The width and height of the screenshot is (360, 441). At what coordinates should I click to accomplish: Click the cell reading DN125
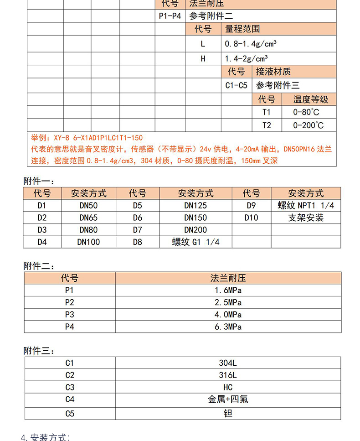195,206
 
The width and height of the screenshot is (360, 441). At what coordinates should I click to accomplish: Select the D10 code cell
251,218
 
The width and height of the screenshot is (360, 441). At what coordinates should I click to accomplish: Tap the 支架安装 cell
306,218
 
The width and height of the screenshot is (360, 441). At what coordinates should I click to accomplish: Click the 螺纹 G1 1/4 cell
195,242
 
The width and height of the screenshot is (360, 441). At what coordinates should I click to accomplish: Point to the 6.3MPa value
228,327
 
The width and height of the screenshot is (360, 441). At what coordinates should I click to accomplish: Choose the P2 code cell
69,302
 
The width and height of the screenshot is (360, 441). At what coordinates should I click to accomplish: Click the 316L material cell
228,375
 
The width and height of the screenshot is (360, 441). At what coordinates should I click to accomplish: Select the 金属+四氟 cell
228,399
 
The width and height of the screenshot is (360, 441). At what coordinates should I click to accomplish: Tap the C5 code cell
69,414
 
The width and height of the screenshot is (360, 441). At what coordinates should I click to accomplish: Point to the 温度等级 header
311,99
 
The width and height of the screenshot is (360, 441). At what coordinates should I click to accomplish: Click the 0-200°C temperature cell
309,125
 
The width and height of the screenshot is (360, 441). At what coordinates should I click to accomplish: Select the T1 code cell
267,112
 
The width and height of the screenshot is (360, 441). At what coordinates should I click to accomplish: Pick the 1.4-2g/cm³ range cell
247,59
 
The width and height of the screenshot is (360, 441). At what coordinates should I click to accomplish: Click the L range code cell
203,44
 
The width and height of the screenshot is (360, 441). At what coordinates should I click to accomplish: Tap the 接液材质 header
273,72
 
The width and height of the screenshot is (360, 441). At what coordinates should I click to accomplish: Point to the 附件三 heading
39,351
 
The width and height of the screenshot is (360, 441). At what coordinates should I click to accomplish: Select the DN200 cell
195,230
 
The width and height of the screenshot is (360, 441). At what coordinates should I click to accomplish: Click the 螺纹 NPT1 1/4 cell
306,206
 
